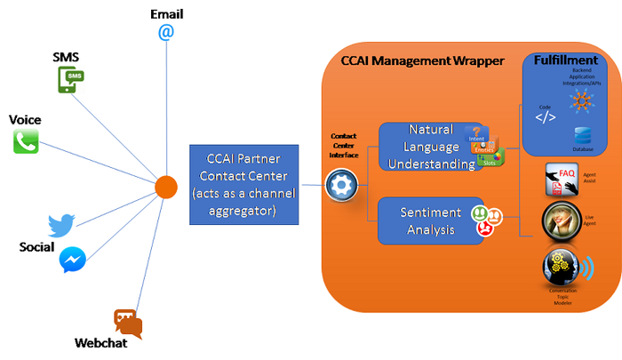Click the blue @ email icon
pos(165,32)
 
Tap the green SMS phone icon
pos(71,80)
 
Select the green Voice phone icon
pos(26,140)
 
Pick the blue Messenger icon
pos(73,260)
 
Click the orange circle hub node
pos(166,187)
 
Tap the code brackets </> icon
pos(546,116)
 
